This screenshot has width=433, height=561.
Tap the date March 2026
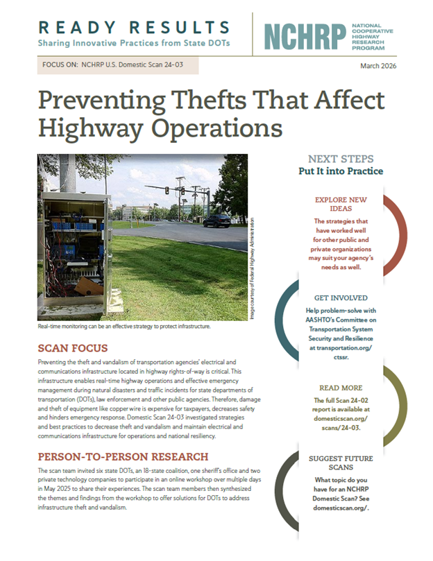tap(383, 65)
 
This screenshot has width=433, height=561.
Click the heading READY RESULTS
tap(134, 28)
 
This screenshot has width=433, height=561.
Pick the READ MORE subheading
tap(341, 388)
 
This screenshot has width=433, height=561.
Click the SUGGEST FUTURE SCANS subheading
tap(341, 463)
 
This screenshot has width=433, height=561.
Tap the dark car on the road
tap(216, 221)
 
